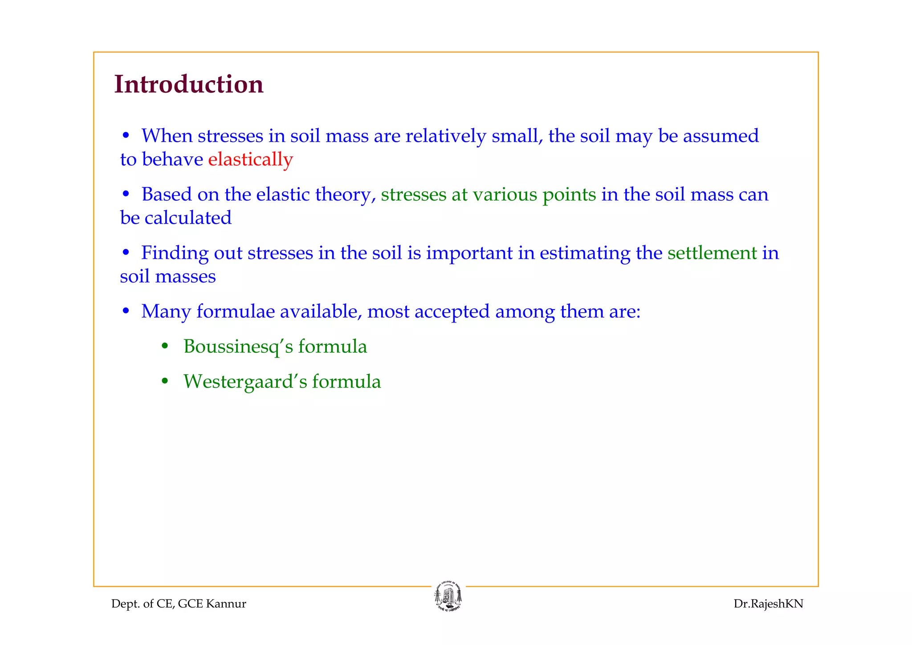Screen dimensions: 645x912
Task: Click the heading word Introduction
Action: pyautogui.click(x=189, y=84)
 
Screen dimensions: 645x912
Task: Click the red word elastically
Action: pyautogui.click(x=250, y=159)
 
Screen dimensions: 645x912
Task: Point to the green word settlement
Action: pyautogui.click(x=712, y=253)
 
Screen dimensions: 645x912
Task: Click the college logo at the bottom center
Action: pyautogui.click(x=448, y=597)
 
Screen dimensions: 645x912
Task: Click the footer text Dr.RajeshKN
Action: pyautogui.click(x=768, y=604)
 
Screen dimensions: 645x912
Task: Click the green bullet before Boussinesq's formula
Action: pyautogui.click(x=165, y=346)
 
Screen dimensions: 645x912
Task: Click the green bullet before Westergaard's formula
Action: pyautogui.click(x=165, y=381)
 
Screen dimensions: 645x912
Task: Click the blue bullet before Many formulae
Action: pyautogui.click(x=126, y=311)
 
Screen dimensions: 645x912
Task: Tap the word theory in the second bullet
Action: pyautogui.click(x=345, y=195)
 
